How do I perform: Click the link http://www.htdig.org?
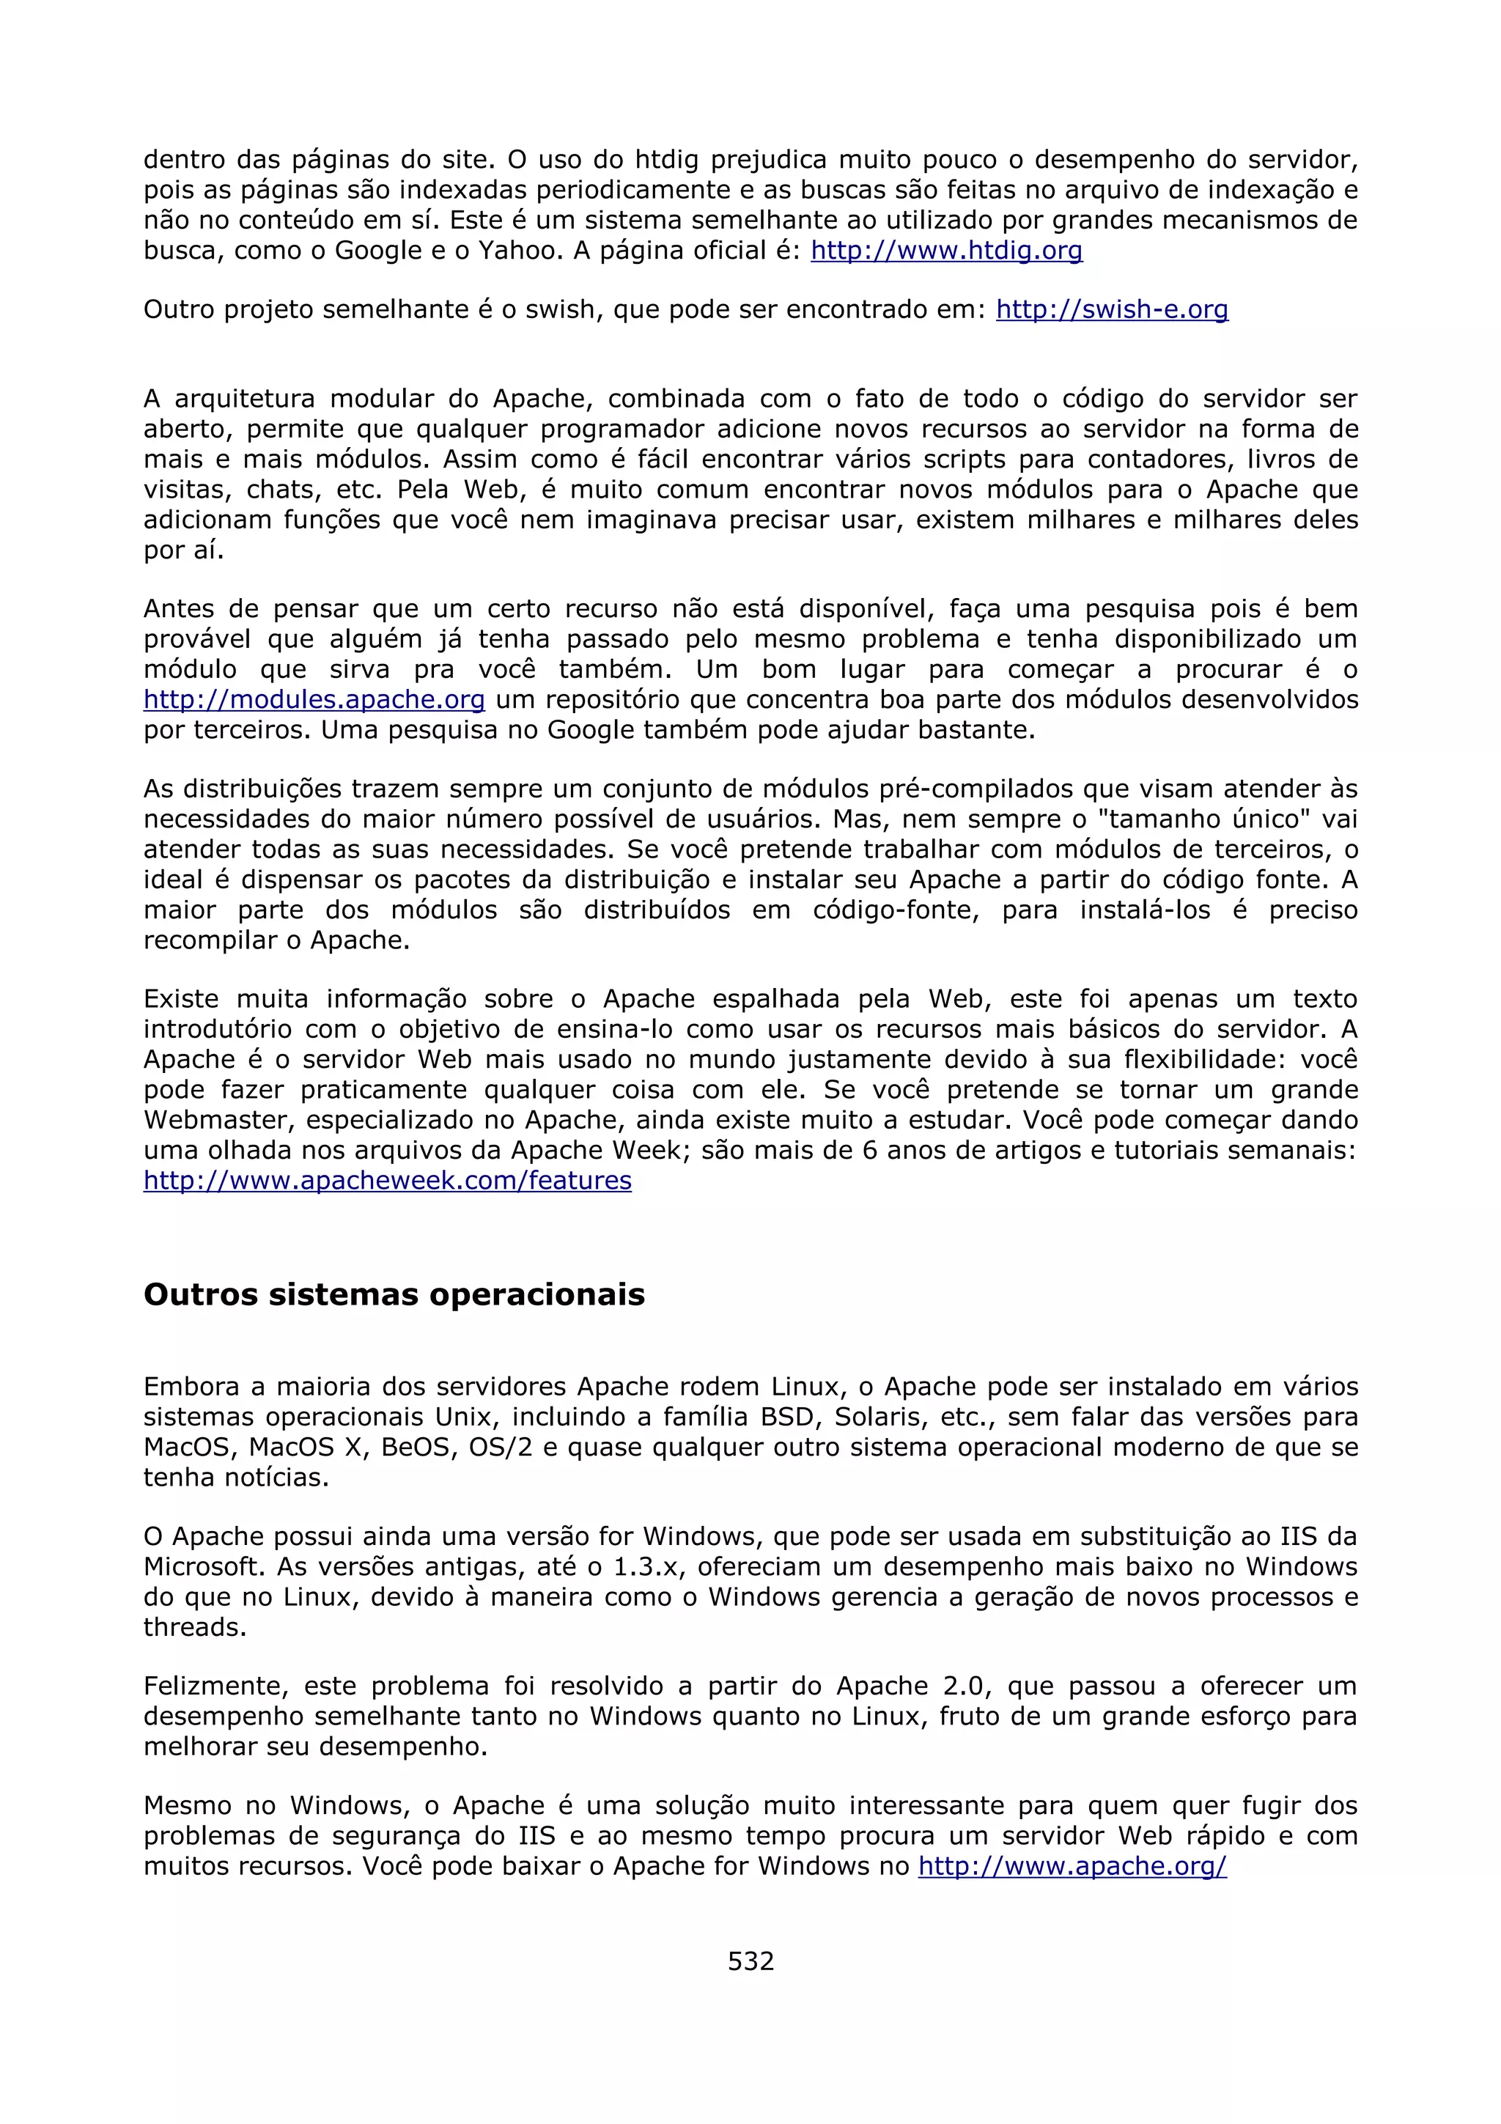946,251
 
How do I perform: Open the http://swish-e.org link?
1112,310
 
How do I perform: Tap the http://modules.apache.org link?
314,700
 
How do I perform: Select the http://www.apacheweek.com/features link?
388,1181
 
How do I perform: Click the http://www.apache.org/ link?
1072,1866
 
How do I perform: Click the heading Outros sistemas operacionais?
394,1294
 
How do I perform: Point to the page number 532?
750,1961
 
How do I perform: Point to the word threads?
194,1627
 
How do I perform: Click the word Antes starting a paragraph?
180,610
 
